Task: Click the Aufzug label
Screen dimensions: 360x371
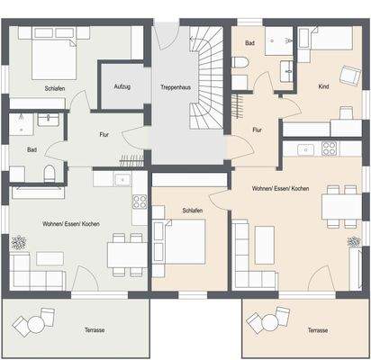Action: (x=122, y=86)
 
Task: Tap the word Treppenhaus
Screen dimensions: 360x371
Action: (x=173, y=87)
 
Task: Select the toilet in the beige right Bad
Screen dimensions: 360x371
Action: (x=241, y=61)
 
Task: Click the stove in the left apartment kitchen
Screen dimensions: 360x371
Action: (x=140, y=202)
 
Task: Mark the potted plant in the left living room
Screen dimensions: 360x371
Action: (x=18, y=241)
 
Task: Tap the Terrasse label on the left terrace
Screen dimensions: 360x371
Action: (x=93, y=330)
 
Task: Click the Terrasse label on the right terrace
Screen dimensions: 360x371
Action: (x=317, y=330)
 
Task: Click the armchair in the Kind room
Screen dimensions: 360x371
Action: (x=348, y=76)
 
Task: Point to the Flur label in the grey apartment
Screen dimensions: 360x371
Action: (x=105, y=135)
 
